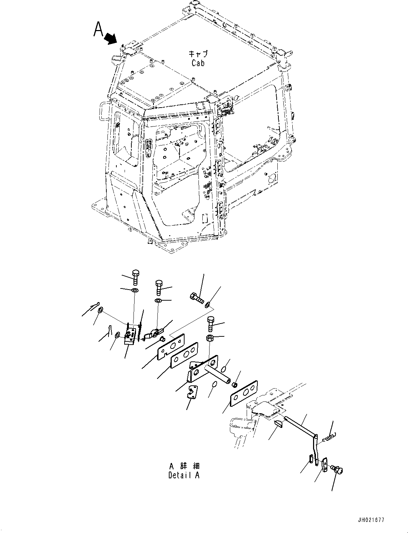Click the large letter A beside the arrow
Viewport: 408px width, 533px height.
tap(99, 30)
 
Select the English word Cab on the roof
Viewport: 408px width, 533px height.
tap(198, 63)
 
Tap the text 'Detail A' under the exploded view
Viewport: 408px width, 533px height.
tap(184, 475)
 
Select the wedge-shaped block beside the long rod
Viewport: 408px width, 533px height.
tap(279, 424)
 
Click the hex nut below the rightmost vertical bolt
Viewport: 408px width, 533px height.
tap(210, 338)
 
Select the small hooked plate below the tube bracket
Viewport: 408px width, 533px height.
tap(193, 391)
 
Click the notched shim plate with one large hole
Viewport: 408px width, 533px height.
tap(171, 346)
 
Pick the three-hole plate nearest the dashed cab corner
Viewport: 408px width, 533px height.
tap(244, 393)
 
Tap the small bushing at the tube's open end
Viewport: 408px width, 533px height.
tap(235, 385)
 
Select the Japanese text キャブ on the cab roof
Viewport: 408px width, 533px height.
tap(198, 54)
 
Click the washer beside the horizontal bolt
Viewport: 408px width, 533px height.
tap(207, 304)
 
